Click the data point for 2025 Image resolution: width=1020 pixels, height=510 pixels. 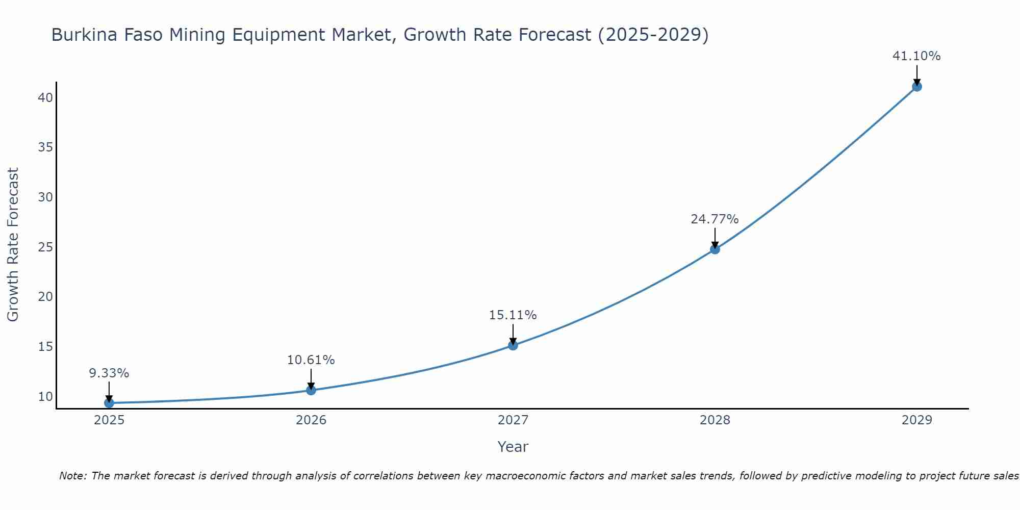pyautogui.click(x=109, y=403)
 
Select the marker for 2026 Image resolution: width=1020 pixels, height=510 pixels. pyautogui.click(x=311, y=390)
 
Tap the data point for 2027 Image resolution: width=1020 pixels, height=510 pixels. pyautogui.click(x=513, y=345)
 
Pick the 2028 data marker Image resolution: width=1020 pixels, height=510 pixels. pyautogui.click(x=715, y=249)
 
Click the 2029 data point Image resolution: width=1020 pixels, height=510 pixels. pyautogui.click(x=916, y=86)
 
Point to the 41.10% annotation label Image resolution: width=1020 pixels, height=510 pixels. pyautogui.click(x=916, y=56)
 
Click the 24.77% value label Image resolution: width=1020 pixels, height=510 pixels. pyautogui.click(x=715, y=219)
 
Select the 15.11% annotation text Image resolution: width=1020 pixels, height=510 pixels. pyautogui.click(x=513, y=315)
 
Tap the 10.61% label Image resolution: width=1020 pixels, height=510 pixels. pyautogui.click(x=311, y=360)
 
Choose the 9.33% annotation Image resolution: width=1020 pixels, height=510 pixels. pyautogui.click(x=109, y=373)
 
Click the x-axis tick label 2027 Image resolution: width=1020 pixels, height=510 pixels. pyautogui.click(x=513, y=420)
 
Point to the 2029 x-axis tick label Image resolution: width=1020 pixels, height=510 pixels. pyautogui.click(x=916, y=420)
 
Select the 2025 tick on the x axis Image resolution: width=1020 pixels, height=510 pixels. pyautogui.click(x=109, y=420)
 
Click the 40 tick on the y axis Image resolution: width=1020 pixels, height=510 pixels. pyautogui.click(x=45, y=97)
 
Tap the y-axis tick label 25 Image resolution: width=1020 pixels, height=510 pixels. pyautogui.click(x=45, y=247)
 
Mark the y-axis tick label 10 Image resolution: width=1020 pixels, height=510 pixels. pyautogui.click(x=45, y=397)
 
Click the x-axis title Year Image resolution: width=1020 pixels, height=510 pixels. pyautogui.click(x=513, y=447)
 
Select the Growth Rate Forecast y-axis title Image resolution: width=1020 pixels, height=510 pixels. pyautogui.click(x=13, y=245)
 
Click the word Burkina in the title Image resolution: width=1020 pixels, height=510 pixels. pyautogui.click(x=82, y=35)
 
